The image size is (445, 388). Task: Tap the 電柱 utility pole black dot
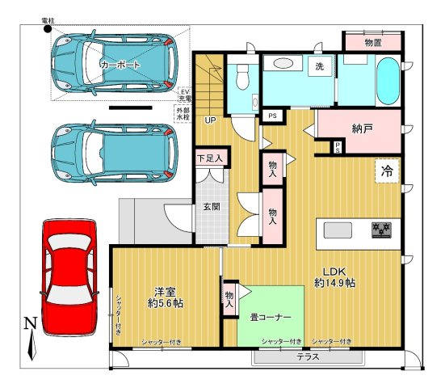pyautogui.click(x=48, y=29)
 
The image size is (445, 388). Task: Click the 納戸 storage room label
pyautogui.click(x=362, y=128)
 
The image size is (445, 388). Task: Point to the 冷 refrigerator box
pyautogui.click(x=387, y=171)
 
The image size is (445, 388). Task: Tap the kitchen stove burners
pyautogui.click(x=380, y=230)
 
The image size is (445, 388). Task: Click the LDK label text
pyautogui.click(x=334, y=270)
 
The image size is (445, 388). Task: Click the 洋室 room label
pyautogui.click(x=166, y=293)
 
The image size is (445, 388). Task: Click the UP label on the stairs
pyautogui.click(x=210, y=121)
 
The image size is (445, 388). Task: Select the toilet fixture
pyautogui.click(x=241, y=78)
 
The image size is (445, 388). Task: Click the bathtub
pyautogui.click(x=387, y=81)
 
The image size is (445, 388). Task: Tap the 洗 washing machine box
pyautogui.click(x=320, y=66)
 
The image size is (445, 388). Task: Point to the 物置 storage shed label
pyautogui.click(x=373, y=41)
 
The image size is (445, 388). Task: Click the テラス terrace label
pyautogui.click(x=307, y=356)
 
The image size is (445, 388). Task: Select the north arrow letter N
pyautogui.click(x=30, y=325)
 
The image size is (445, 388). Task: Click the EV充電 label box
pyautogui.click(x=184, y=96)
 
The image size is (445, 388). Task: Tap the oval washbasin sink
pyautogui.click(x=283, y=63)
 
